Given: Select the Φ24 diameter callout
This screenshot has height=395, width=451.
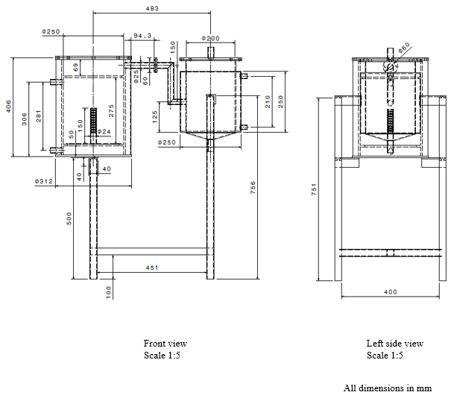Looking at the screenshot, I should [104, 132].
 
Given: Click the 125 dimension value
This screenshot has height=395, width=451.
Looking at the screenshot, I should [153, 116].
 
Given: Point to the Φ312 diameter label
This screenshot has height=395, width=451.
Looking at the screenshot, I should [42, 180].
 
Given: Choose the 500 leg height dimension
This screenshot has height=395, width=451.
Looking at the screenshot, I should [69, 217].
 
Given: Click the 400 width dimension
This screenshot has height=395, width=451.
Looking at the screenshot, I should [389, 292].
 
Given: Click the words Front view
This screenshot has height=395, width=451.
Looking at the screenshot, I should [165, 344].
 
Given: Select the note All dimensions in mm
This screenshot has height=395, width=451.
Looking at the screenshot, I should [387, 388].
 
